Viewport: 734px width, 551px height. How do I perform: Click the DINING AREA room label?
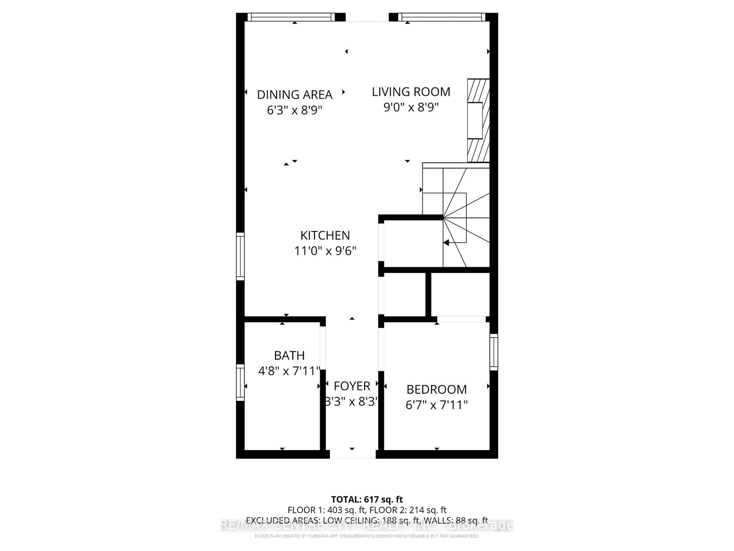[x=294, y=95]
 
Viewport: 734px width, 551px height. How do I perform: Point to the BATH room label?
[x=289, y=356]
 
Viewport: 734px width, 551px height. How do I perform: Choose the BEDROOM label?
[x=436, y=390]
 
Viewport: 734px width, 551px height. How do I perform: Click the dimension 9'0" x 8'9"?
[x=411, y=107]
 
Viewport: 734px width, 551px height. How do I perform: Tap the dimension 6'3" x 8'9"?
[x=294, y=110]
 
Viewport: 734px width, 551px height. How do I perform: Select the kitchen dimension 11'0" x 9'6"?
[x=325, y=251]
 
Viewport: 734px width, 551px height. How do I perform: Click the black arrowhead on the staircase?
[x=446, y=243]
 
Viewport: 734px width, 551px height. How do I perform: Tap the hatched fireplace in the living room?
[x=478, y=120]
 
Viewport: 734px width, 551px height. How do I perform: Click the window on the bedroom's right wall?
[x=494, y=352]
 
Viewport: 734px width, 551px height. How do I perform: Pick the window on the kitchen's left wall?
[x=240, y=256]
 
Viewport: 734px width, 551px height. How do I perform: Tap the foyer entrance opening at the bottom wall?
[x=352, y=454]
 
